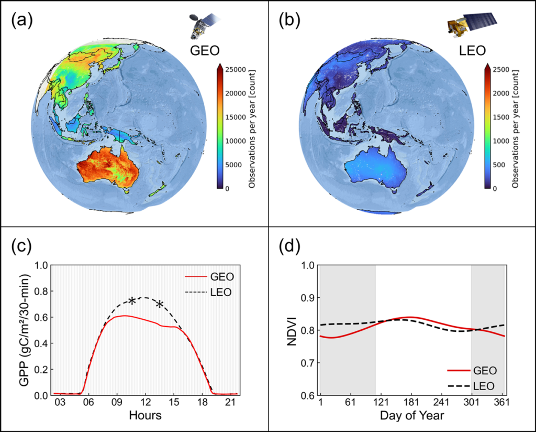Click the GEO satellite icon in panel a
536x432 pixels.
click(x=202, y=26)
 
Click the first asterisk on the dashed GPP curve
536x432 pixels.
click(x=132, y=301)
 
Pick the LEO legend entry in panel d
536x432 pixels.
click(x=472, y=385)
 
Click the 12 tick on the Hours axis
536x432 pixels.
click(x=146, y=402)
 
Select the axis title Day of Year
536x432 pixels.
click(x=412, y=416)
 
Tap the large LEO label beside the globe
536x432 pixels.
click(x=471, y=50)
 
